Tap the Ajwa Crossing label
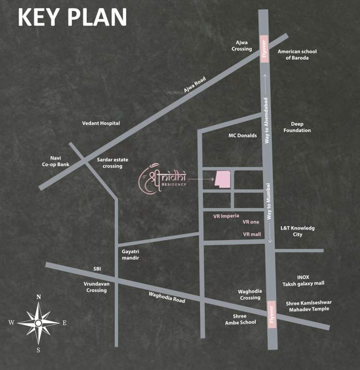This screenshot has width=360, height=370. [x=241, y=46]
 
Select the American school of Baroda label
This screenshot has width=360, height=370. [x=293, y=54]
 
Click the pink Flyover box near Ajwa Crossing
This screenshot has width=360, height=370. [x=264, y=49]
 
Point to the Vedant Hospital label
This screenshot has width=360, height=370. [x=101, y=123]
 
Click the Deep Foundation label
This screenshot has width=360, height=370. [x=297, y=127]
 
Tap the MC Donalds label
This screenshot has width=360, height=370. [x=242, y=136]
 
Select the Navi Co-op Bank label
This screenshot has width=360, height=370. [x=55, y=161]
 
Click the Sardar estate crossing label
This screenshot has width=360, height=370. [x=109, y=163]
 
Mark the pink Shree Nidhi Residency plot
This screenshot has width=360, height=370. [x=223, y=179]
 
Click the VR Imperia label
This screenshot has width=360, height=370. [x=226, y=216]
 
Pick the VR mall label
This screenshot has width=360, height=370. [x=252, y=234]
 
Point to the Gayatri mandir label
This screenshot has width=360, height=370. [x=131, y=255]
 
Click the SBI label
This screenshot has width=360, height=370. [x=97, y=269]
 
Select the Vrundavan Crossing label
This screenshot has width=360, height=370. [x=96, y=287]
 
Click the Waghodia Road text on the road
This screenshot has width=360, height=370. [x=167, y=296]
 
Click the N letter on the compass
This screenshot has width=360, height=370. [x=39, y=297]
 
